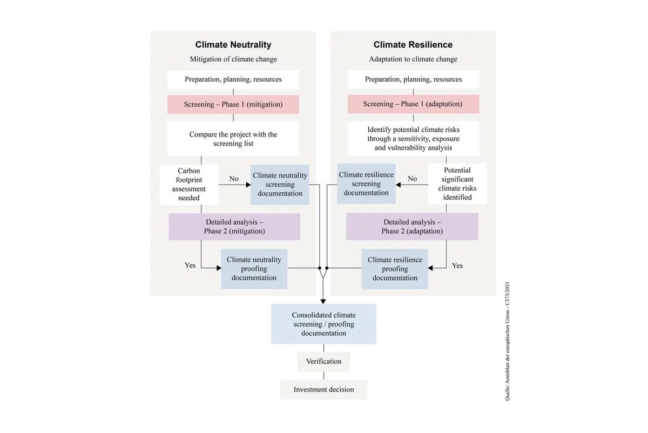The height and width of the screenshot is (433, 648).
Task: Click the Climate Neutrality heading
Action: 233,45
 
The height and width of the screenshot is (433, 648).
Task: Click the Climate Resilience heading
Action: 413,45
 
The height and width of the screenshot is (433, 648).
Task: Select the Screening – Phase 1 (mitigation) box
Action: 233,104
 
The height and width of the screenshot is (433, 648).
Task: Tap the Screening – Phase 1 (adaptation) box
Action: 413,104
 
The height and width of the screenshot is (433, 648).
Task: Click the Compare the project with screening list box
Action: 233,139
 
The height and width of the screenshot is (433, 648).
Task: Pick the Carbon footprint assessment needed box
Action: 189,184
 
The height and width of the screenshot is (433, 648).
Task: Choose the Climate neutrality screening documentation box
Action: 280,184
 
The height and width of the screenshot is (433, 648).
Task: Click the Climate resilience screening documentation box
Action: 366,184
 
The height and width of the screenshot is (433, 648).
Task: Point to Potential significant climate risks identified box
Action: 457,184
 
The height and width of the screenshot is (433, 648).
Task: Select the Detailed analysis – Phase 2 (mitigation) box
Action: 234,226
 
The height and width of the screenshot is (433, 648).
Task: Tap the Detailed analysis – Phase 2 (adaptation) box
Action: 412,226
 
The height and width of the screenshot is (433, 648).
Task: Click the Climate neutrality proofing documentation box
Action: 254,269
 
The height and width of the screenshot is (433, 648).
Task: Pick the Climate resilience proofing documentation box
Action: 395,269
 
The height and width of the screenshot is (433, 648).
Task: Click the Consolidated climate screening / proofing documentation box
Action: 323,324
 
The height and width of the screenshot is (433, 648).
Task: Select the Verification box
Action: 323,361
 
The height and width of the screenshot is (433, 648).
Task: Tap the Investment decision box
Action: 323,389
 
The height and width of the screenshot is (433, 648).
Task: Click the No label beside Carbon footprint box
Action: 234,179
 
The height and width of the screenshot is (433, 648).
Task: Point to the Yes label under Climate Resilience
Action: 457,266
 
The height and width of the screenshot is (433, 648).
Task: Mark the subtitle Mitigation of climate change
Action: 233,59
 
